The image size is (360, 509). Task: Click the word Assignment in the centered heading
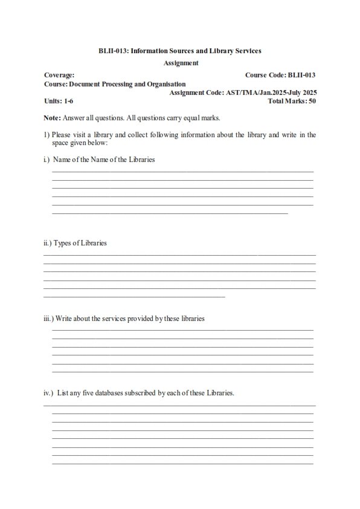click(x=181, y=62)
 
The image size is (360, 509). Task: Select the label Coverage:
click(x=59, y=75)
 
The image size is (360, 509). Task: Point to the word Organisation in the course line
click(x=164, y=84)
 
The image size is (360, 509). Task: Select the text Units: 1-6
click(x=59, y=101)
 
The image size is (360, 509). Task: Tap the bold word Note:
click(x=52, y=117)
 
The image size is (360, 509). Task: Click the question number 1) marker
click(x=47, y=135)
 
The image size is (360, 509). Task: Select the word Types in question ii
click(x=63, y=243)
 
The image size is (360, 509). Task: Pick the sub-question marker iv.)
click(x=48, y=393)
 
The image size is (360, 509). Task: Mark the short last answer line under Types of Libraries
click(x=134, y=296)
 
